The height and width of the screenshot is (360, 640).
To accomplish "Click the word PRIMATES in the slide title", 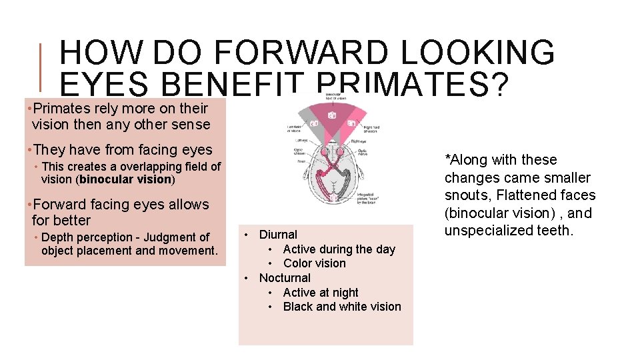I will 413,85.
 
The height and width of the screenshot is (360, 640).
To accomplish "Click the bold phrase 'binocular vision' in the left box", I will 125,179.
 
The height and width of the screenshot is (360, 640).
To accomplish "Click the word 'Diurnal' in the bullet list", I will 278,235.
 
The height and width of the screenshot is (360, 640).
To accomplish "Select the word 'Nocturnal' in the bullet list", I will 285,278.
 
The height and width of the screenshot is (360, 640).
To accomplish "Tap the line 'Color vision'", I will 314,263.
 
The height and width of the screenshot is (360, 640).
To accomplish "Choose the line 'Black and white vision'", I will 342,307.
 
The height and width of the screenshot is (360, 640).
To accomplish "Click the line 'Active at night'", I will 321,293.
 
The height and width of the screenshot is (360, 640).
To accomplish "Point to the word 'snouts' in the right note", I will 467,195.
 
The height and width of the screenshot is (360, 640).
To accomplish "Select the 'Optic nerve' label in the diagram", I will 364,154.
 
